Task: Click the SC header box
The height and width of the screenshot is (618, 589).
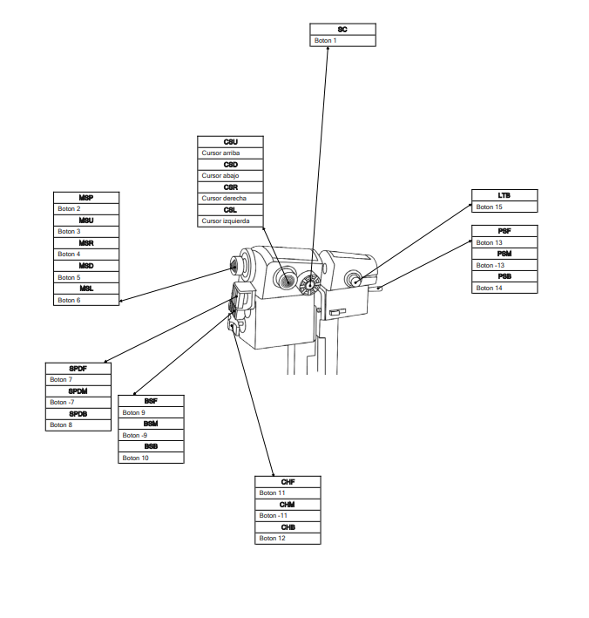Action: click(x=343, y=30)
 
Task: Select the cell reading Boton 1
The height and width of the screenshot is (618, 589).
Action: click(x=343, y=41)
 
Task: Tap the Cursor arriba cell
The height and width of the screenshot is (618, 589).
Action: click(x=230, y=153)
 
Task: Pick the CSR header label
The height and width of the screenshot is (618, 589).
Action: click(x=230, y=187)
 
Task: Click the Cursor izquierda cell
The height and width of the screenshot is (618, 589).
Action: click(x=230, y=221)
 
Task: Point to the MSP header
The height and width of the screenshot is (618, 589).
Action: click(x=86, y=198)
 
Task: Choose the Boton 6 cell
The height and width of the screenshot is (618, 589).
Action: click(x=86, y=301)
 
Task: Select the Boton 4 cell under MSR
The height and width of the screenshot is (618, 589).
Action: click(x=86, y=255)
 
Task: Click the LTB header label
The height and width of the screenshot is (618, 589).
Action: click(x=504, y=196)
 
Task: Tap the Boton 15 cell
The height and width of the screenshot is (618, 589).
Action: click(x=504, y=207)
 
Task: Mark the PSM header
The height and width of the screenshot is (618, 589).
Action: click(x=504, y=254)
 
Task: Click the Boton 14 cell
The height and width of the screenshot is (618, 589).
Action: click(x=504, y=288)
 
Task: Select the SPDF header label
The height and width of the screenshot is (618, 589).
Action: click(x=78, y=369)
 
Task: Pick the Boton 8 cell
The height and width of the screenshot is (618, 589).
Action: click(x=78, y=425)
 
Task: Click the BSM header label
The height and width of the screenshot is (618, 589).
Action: click(x=151, y=424)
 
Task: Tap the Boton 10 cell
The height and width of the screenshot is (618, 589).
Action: click(x=151, y=458)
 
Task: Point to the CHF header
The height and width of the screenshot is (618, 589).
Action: click(x=288, y=482)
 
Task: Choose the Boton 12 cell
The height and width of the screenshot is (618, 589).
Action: click(x=288, y=539)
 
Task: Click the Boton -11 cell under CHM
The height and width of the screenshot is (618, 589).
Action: click(x=288, y=516)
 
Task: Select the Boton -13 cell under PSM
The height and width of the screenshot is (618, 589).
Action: click(x=504, y=265)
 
